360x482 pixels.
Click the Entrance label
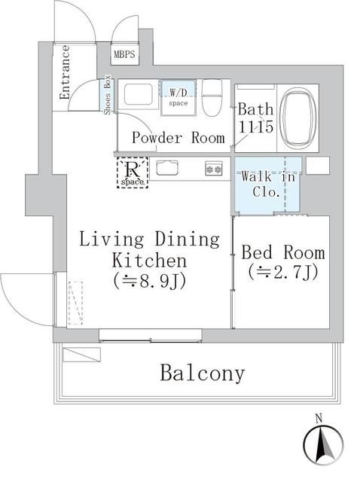tap(65, 72)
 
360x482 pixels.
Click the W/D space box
tap(178, 97)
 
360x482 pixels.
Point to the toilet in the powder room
tap(212, 96)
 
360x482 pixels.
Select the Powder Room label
tap(178, 138)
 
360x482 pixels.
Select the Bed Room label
tap(283, 253)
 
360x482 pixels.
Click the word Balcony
tap(202, 374)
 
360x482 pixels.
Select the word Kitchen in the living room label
tap(149, 261)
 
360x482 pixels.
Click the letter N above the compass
tap(319, 417)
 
